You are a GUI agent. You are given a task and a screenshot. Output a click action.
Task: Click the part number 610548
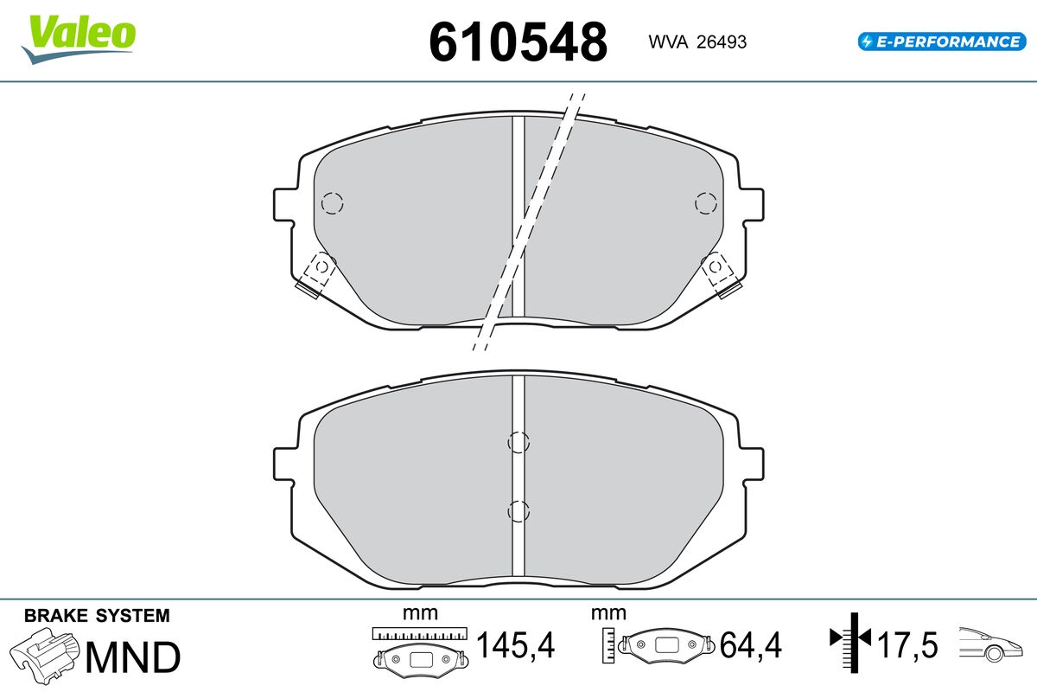(518, 42)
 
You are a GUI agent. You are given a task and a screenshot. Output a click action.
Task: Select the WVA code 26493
(722, 42)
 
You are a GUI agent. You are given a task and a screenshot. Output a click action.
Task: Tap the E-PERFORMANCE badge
(942, 42)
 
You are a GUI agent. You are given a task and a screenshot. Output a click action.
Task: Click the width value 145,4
(515, 644)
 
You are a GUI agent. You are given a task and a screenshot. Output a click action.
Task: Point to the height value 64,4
(750, 644)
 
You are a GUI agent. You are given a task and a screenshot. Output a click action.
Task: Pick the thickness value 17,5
(907, 644)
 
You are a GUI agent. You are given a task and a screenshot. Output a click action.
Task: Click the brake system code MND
(133, 657)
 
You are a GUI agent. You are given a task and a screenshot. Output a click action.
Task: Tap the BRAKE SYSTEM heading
(97, 616)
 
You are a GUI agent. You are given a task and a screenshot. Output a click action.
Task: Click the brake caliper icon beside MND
(44, 656)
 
